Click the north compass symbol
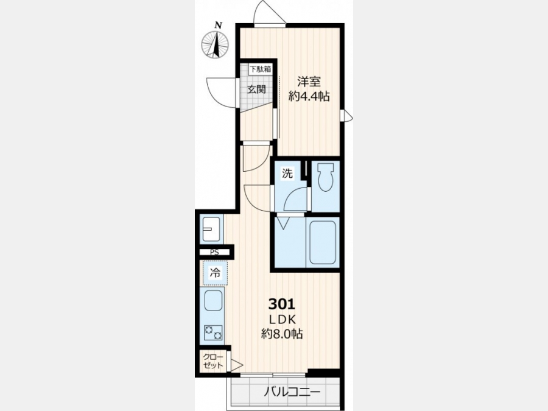215,44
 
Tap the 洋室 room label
309,82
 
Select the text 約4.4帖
309,96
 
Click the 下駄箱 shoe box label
260,69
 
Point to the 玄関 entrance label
257,89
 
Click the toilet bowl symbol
325,178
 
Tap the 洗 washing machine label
287,174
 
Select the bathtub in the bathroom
323,242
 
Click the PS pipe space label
214,252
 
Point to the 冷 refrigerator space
216,273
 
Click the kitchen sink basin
213,301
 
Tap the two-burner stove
213,332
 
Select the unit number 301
282,304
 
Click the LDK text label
283,320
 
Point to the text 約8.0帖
282,334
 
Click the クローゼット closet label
213,361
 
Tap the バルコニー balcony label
292,392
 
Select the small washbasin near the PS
211,230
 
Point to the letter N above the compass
219,25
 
